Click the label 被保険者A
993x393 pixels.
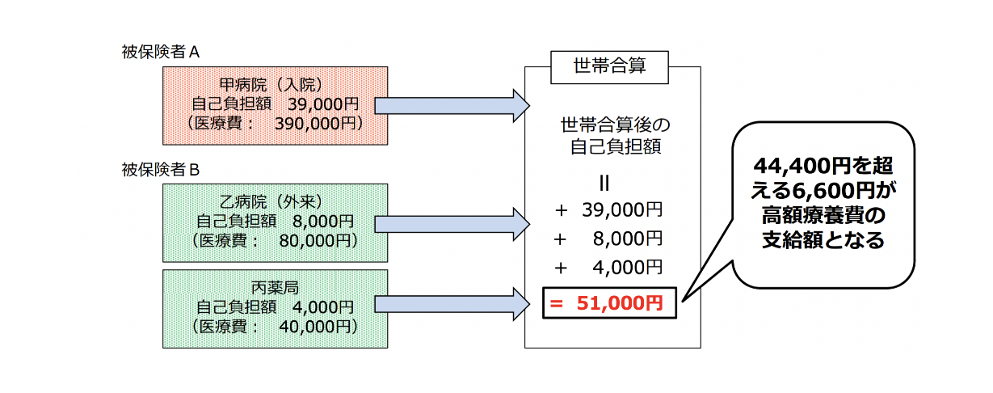point(160,53)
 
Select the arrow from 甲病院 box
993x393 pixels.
point(452,105)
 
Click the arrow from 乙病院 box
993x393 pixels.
point(452,222)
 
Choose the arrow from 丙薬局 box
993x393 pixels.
point(452,303)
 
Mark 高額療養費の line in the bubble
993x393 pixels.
point(823,215)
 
